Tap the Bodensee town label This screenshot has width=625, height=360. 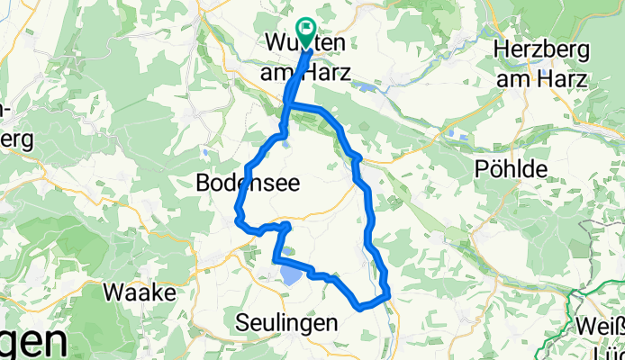click(248, 184)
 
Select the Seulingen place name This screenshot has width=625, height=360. click(286, 322)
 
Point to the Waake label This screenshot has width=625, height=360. click(134, 292)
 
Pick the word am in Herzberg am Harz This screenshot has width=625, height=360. click(511, 79)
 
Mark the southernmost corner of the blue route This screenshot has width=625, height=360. click(361, 307)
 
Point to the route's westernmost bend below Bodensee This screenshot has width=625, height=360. click(237, 214)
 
